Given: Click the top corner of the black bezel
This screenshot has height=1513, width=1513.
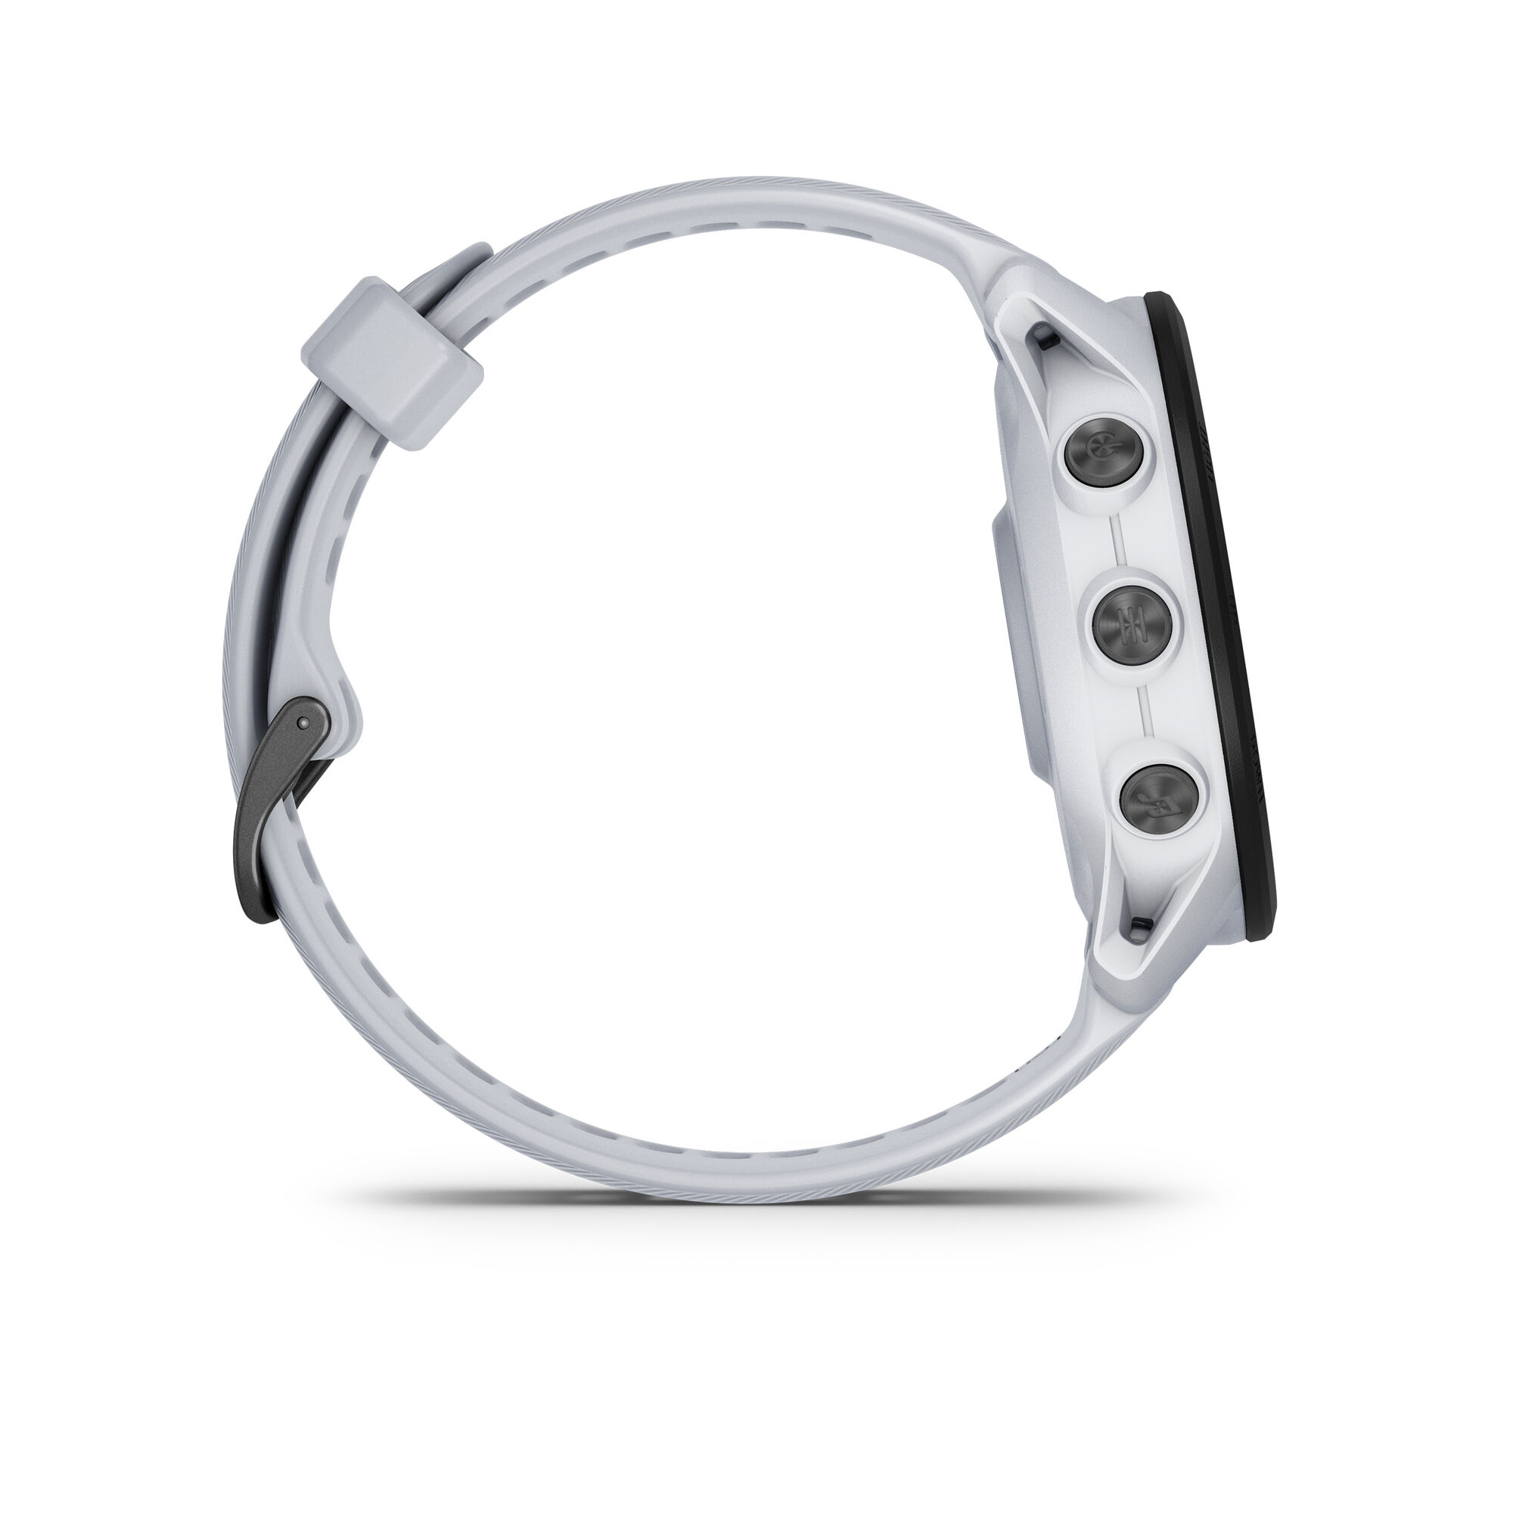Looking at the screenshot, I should click(x=1155, y=302).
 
